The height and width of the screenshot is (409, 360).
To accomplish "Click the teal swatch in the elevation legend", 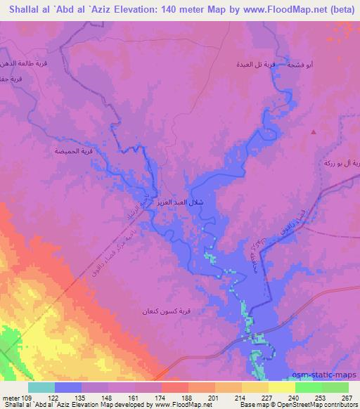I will click(x=41, y=387).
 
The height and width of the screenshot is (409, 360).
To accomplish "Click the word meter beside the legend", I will click(x=9, y=399).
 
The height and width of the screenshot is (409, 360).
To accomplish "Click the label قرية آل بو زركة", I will click(x=344, y=163).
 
